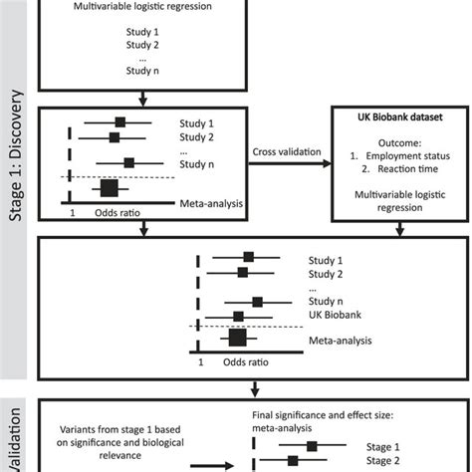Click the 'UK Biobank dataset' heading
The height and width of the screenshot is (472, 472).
point(400,118)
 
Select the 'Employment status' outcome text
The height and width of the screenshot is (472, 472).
point(408,156)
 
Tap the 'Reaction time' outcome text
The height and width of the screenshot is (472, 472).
point(408,169)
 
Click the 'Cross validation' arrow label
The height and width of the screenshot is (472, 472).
point(287,151)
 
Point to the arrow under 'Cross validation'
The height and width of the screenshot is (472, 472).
point(290,163)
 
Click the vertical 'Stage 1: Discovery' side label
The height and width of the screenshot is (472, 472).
point(16,155)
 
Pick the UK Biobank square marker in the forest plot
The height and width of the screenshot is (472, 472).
point(238,317)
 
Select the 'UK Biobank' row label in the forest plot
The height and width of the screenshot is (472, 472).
point(335,315)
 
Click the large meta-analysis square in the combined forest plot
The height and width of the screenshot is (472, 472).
point(238,338)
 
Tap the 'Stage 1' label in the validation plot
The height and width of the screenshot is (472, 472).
point(382,447)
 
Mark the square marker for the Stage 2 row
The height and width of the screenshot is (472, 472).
point(293,461)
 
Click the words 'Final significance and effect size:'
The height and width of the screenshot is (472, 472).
point(323,415)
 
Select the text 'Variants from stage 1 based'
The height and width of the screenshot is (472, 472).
point(120,429)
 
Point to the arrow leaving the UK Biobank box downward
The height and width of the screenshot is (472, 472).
point(400,229)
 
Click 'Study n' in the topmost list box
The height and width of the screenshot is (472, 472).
point(142,71)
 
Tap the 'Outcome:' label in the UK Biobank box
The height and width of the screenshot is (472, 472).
point(400,143)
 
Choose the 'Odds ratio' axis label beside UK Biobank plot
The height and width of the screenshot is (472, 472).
point(246,362)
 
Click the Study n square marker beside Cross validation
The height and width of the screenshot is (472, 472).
point(129,163)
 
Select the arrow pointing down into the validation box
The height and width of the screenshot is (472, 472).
point(255,389)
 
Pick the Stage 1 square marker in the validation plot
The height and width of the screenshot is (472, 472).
point(312,446)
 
